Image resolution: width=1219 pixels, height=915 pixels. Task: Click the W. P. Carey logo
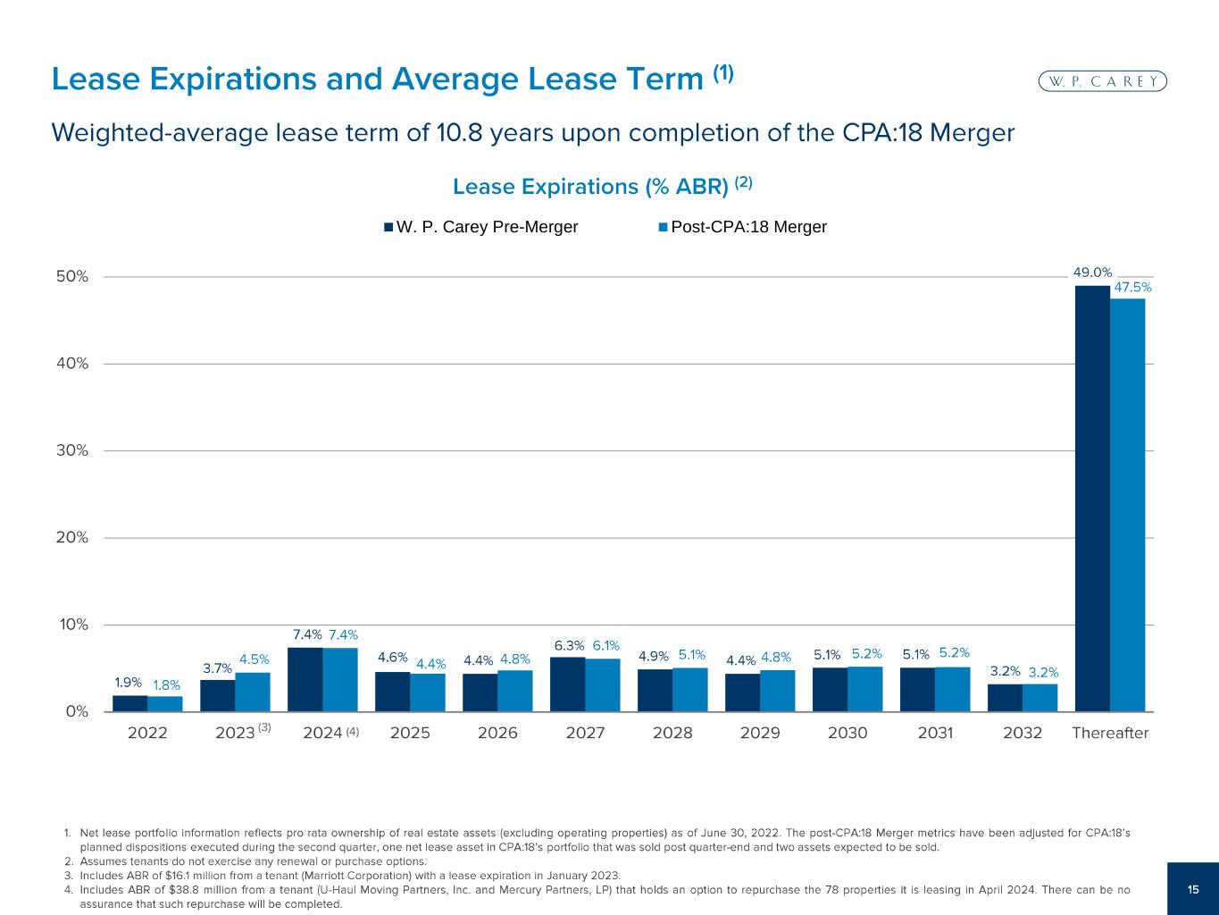[x=1104, y=81]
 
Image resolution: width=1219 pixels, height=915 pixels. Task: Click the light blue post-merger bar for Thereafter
[x=1127, y=505]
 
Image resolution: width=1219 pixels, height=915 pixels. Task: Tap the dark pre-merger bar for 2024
[x=305, y=679]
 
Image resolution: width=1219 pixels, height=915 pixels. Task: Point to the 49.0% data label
[x=1092, y=273]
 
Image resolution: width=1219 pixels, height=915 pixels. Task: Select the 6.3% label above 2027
[x=569, y=645]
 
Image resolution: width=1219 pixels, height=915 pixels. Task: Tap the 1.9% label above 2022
[x=129, y=683]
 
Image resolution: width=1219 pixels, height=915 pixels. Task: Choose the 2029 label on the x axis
[x=760, y=734]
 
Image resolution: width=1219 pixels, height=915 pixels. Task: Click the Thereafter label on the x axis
[x=1110, y=734]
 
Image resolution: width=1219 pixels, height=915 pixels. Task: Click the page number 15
[x=1193, y=888]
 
